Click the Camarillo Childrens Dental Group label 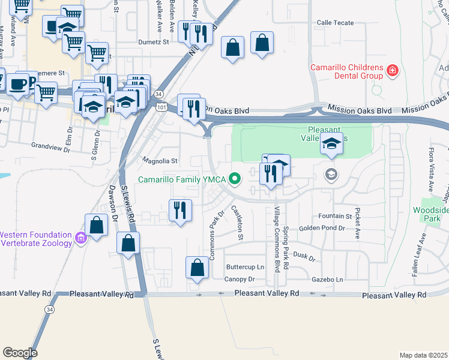point(346,71)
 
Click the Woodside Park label point(430,215)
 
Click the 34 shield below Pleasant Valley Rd point(48,308)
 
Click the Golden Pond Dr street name point(322,228)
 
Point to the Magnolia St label point(160,161)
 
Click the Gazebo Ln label point(328,280)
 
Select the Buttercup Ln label point(245,267)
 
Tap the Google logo point(20,353)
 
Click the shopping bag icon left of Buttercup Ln point(197,268)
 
